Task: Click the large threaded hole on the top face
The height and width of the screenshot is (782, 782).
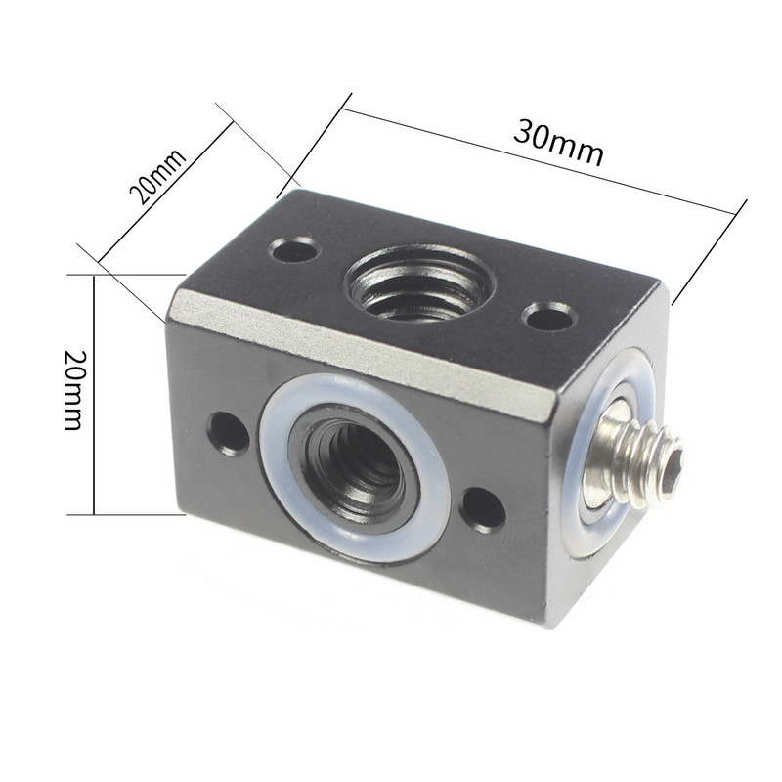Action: pos(418,282)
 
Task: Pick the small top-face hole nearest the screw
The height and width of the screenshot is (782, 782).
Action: pos(548,317)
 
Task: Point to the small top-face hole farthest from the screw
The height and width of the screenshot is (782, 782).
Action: pos(295,251)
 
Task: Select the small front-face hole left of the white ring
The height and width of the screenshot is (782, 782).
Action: pos(228,431)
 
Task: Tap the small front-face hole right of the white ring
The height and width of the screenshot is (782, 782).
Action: pos(483,509)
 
